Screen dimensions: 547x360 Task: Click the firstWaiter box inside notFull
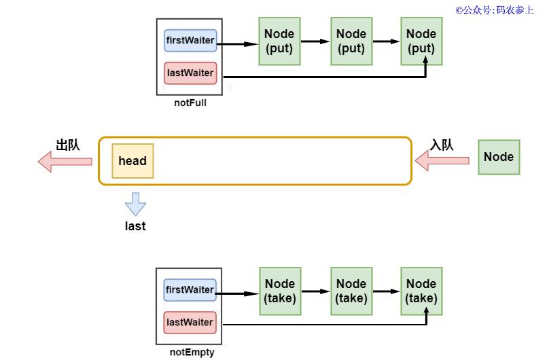(190, 41)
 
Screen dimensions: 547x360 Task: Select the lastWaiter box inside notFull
(190, 73)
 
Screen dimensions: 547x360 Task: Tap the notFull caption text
(190, 103)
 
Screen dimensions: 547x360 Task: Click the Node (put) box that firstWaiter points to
(279, 41)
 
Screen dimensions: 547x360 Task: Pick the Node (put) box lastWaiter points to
(421, 41)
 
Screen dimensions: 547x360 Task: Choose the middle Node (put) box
(351, 41)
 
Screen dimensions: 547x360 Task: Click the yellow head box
(133, 161)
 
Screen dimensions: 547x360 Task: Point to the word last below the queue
(135, 226)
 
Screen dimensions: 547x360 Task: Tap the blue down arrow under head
(135, 204)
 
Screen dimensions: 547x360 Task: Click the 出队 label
(68, 145)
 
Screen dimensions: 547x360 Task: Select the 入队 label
(442, 145)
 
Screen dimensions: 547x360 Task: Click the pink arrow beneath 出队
(65, 162)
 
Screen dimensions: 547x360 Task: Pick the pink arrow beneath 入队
(442, 160)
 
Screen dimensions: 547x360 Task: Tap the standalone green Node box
(499, 157)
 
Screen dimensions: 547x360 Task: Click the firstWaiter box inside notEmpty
(190, 290)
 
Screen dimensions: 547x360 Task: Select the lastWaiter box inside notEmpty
(190, 323)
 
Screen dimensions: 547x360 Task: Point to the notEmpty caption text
(192, 353)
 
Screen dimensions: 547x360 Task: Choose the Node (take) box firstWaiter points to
(280, 291)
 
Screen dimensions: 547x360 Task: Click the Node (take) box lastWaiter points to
(421, 291)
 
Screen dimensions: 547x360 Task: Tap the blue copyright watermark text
(495, 10)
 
